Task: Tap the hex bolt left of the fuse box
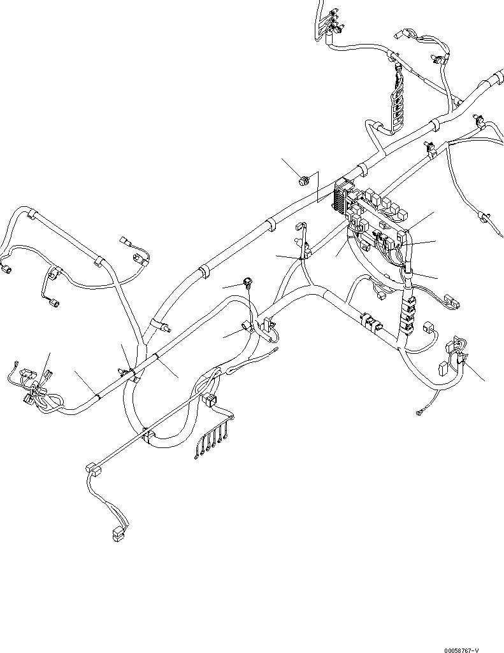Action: pyautogui.click(x=304, y=181)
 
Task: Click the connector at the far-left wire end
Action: pyautogui.click(x=8, y=269)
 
